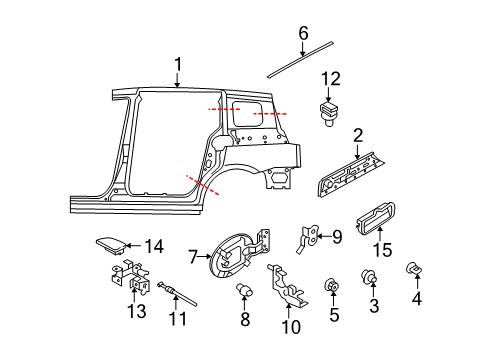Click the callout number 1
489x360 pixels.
[178, 65]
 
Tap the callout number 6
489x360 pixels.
[303, 34]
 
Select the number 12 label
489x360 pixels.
[331, 79]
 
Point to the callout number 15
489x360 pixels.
[382, 250]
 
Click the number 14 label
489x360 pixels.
[154, 247]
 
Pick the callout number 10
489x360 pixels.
[291, 327]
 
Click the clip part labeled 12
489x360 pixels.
[328, 115]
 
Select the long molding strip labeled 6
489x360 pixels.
[300, 60]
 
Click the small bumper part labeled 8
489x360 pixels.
[244, 289]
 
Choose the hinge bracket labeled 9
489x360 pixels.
[308, 238]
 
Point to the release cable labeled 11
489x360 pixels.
[177, 293]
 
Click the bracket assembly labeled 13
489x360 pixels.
[130, 277]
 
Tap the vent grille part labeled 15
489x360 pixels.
[375, 218]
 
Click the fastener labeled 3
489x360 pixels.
[369, 276]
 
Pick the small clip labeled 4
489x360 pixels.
[414, 269]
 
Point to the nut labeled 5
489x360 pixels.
[332, 284]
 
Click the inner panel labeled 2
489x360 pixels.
[350, 174]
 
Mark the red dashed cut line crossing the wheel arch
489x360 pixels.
[202, 185]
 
